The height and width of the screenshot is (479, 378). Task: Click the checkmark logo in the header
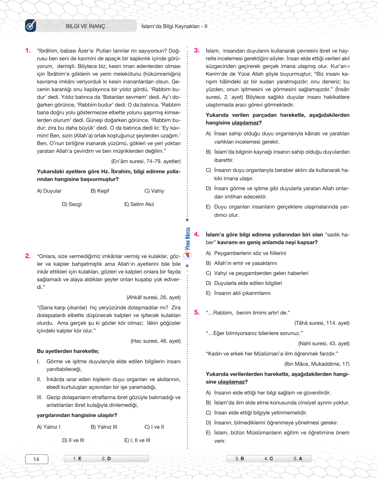(31, 26)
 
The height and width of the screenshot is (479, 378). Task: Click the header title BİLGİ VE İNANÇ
(85, 26)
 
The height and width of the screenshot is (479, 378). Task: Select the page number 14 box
(36, 459)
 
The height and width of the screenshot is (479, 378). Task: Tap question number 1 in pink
(28, 51)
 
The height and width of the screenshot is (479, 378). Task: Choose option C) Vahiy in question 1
(154, 191)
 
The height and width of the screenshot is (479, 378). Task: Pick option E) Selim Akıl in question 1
(139, 204)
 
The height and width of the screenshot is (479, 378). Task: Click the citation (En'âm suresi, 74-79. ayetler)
(146, 161)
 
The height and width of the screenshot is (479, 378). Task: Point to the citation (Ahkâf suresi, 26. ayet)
(154, 297)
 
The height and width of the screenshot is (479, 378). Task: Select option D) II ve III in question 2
(73, 440)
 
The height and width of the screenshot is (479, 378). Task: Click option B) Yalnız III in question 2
(104, 427)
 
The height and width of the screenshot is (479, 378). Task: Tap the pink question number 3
(197, 51)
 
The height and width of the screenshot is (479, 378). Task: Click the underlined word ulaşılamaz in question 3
(245, 123)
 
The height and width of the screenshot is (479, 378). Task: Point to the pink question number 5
(197, 313)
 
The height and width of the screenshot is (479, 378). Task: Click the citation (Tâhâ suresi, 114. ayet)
(322, 323)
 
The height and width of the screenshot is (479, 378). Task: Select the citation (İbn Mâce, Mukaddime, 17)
(317, 364)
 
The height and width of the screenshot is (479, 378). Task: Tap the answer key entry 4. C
(269, 459)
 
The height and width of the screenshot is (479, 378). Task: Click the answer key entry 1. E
(77, 459)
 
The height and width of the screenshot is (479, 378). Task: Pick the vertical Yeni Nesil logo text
(187, 239)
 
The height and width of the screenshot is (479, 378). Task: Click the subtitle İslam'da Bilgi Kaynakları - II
(174, 26)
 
